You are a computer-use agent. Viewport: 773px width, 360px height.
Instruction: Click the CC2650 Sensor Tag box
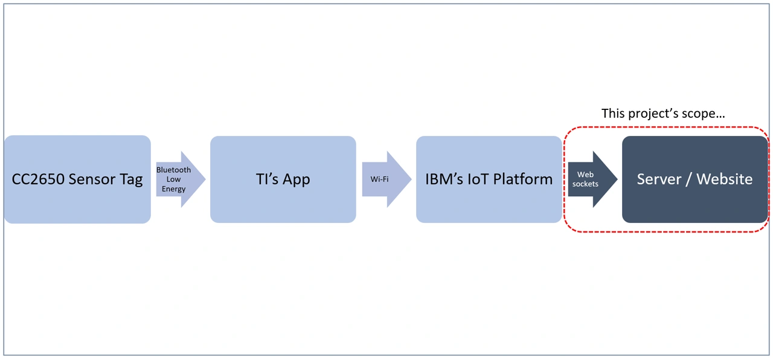pos(77,179)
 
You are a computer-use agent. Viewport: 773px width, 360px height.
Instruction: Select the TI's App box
pos(283,179)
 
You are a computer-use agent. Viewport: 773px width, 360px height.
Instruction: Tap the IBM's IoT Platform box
pos(489,179)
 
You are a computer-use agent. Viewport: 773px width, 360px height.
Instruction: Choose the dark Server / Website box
pos(694,179)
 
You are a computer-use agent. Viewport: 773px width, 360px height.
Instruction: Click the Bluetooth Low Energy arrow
pos(180,179)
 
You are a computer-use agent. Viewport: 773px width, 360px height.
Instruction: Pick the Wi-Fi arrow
pos(386,179)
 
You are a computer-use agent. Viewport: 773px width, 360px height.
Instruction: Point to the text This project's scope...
pos(663,114)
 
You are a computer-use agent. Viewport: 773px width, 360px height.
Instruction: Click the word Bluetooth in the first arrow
pos(173,170)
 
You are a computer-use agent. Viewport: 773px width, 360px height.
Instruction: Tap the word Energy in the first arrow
pos(173,189)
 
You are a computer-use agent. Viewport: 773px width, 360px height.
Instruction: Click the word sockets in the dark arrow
pos(585,184)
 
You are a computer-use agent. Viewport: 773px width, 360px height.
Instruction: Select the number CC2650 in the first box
pos(37,179)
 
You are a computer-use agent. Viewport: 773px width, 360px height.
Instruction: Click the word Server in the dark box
pos(659,179)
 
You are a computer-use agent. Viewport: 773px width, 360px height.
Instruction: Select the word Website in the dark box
pos(724,179)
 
